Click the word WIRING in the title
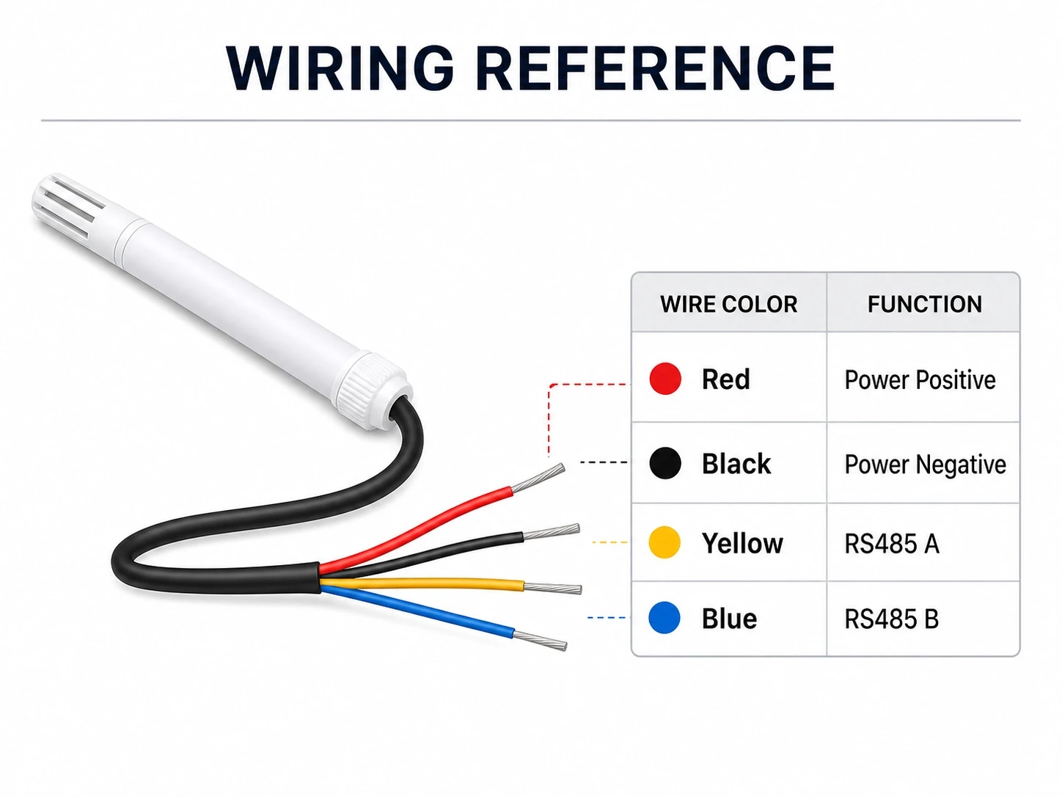pos(340,68)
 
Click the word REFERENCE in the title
pos(656,68)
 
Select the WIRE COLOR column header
pos(728,305)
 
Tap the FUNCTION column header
pos(925,305)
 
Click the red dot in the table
pos(665,379)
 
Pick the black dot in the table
pos(665,462)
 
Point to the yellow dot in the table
pos(664,542)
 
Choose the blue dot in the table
pos(664,617)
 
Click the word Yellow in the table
pos(742,543)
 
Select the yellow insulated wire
pos(422,583)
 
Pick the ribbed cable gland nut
pos(375,390)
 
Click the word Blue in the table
pos(729,619)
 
